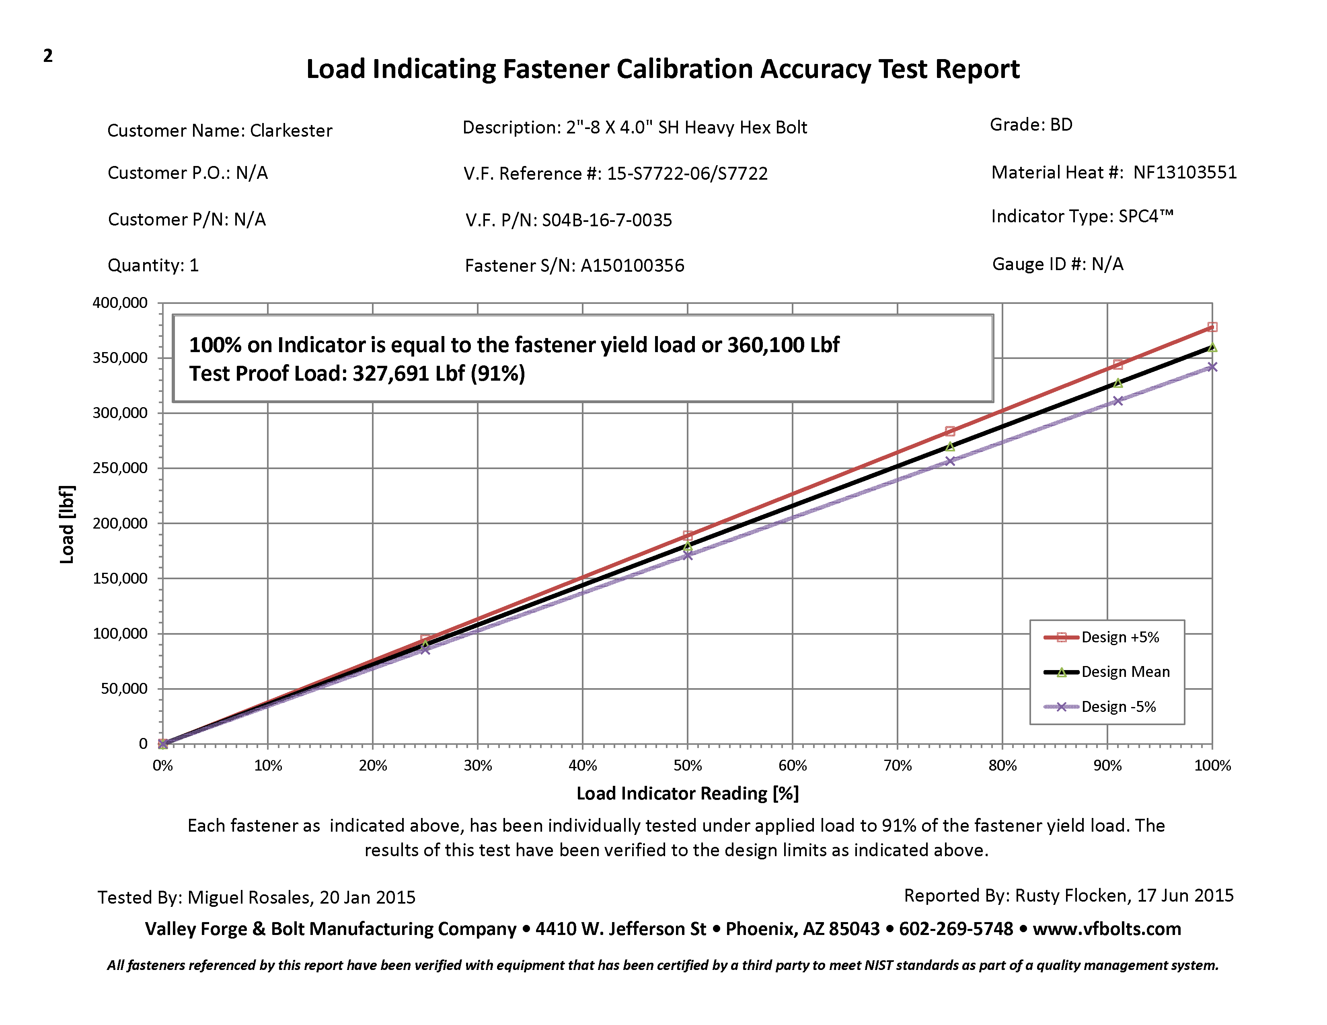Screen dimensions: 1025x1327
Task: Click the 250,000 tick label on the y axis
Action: point(120,468)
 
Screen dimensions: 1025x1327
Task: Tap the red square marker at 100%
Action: point(1212,327)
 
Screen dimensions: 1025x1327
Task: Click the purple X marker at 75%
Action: point(950,461)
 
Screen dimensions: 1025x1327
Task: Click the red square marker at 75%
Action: point(950,432)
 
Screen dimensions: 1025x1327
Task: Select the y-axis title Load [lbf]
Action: point(67,524)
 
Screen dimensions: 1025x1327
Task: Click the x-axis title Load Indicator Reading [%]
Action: point(687,793)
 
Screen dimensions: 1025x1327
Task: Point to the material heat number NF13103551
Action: point(1185,172)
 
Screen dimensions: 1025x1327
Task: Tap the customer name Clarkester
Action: point(291,131)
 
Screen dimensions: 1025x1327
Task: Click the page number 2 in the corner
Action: point(48,56)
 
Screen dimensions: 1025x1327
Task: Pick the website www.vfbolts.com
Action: point(1107,929)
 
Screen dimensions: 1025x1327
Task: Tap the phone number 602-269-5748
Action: point(956,929)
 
